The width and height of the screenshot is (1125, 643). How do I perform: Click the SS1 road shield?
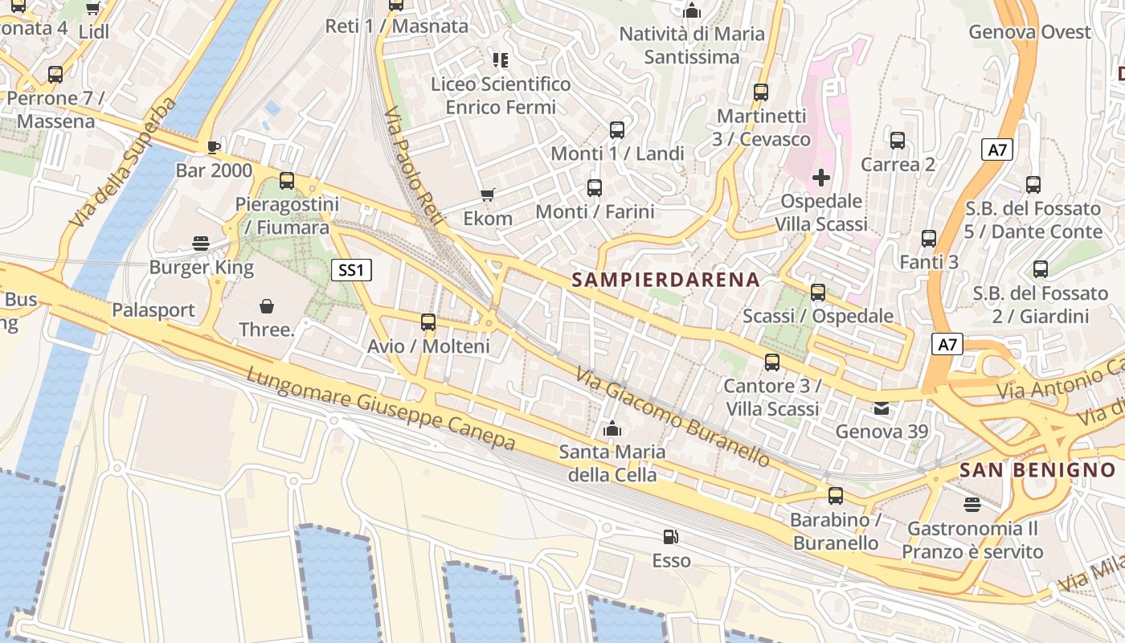pos(351,270)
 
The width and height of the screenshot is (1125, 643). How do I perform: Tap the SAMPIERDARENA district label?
pos(665,280)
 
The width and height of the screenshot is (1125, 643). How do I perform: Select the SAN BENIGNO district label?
pos(1037,470)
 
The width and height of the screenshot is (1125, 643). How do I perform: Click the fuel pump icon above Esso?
pos(670,537)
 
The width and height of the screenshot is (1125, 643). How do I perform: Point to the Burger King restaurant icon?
pos(201,244)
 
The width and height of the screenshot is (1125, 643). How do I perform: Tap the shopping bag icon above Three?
pos(267,306)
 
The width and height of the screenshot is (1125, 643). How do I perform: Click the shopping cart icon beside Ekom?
pos(487,195)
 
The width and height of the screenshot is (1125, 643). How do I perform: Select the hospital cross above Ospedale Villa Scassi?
pos(821,177)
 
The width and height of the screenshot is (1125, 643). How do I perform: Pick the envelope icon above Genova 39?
pos(882,408)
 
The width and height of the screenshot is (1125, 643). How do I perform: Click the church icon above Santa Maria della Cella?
pos(612,428)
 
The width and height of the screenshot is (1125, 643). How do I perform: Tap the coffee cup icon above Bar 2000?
pos(213,147)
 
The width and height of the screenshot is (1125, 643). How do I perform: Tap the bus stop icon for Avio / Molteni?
pos(428,322)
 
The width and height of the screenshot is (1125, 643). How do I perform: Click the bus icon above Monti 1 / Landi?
pos(617,129)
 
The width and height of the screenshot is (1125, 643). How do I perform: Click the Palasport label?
pos(153,310)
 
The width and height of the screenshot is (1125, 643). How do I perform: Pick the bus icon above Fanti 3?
pos(929,239)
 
